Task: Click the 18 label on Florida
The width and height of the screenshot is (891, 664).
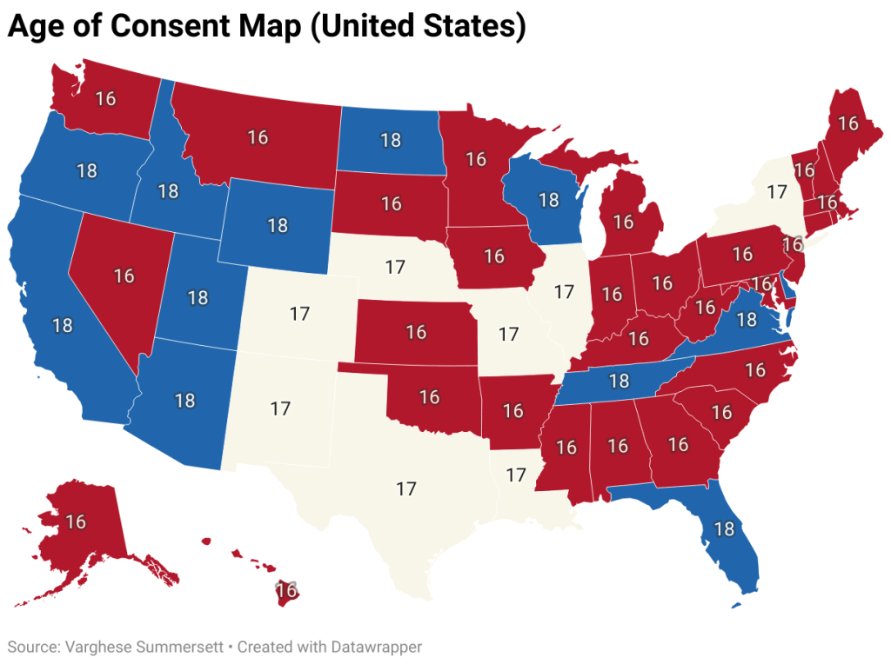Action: point(723,528)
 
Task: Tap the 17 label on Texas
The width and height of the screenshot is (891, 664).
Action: point(406,488)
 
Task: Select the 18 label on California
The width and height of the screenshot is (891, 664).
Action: point(62,325)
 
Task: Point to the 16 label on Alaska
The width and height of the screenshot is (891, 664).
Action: point(75,521)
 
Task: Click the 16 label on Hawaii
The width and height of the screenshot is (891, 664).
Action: point(287,591)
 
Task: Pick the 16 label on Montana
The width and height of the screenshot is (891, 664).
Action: point(258,137)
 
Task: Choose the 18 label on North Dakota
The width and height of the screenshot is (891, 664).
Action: point(391,139)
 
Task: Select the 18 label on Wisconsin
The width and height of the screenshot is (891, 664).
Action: point(548,200)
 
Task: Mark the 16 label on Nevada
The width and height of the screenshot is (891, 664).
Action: point(124,276)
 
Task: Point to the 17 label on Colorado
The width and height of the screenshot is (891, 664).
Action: point(300,314)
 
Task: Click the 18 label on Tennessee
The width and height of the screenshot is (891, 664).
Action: point(619,381)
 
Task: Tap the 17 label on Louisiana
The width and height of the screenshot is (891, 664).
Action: point(517,475)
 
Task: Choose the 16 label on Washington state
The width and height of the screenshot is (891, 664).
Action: point(105,98)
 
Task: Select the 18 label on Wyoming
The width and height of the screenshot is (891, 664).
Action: point(278,226)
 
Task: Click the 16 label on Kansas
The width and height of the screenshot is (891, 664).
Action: point(416,332)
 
